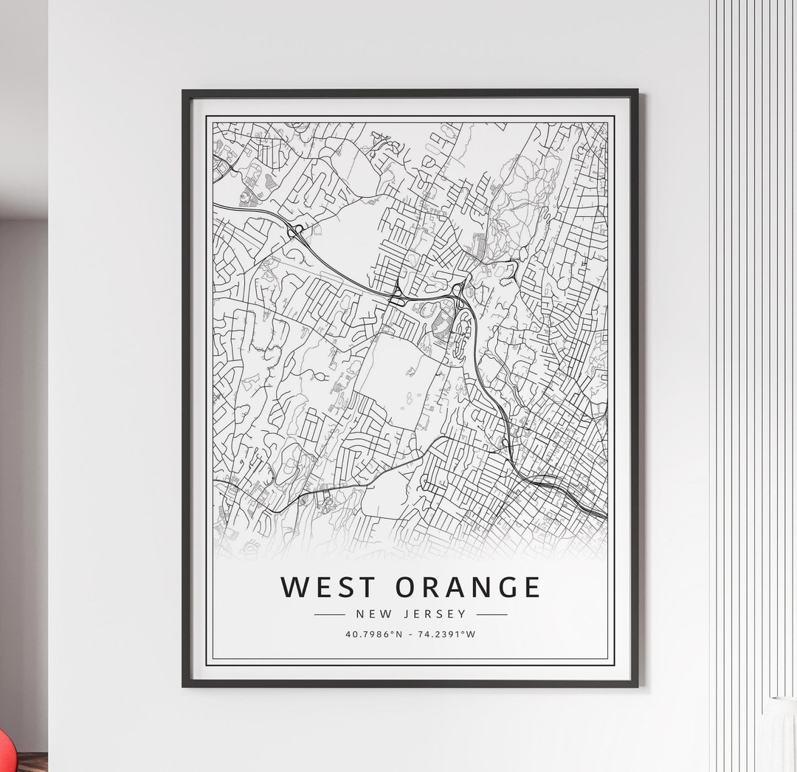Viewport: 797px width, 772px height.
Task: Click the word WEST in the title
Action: coord(331,587)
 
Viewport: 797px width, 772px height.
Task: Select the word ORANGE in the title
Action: coord(469,587)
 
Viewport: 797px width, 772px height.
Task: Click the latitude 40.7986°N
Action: coord(374,634)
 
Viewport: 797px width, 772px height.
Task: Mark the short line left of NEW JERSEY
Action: coord(330,614)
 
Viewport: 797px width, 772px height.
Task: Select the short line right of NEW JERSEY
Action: coord(491,614)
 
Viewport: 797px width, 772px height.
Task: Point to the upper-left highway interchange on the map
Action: coord(297,232)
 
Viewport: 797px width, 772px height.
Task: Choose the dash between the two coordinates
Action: coord(410,634)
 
